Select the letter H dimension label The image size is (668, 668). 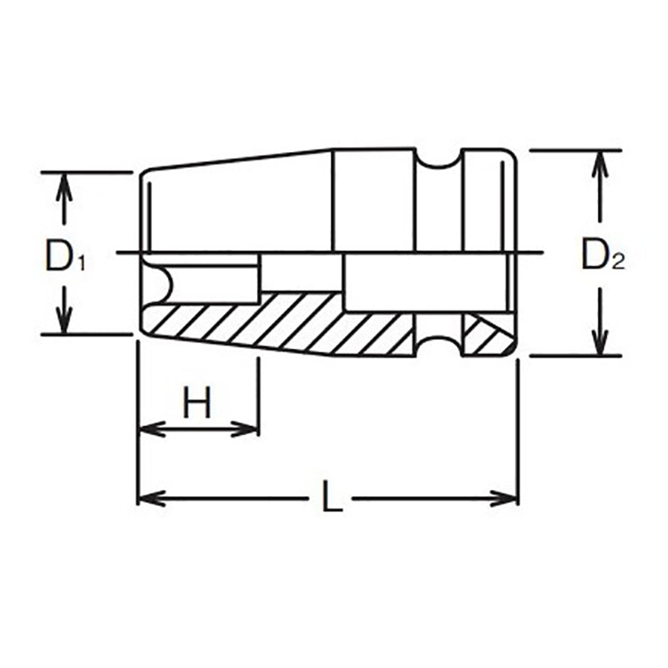[197, 405]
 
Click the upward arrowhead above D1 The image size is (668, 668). [60, 185]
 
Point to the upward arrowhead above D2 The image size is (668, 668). [598, 164]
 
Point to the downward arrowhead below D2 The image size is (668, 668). [598, 343]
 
